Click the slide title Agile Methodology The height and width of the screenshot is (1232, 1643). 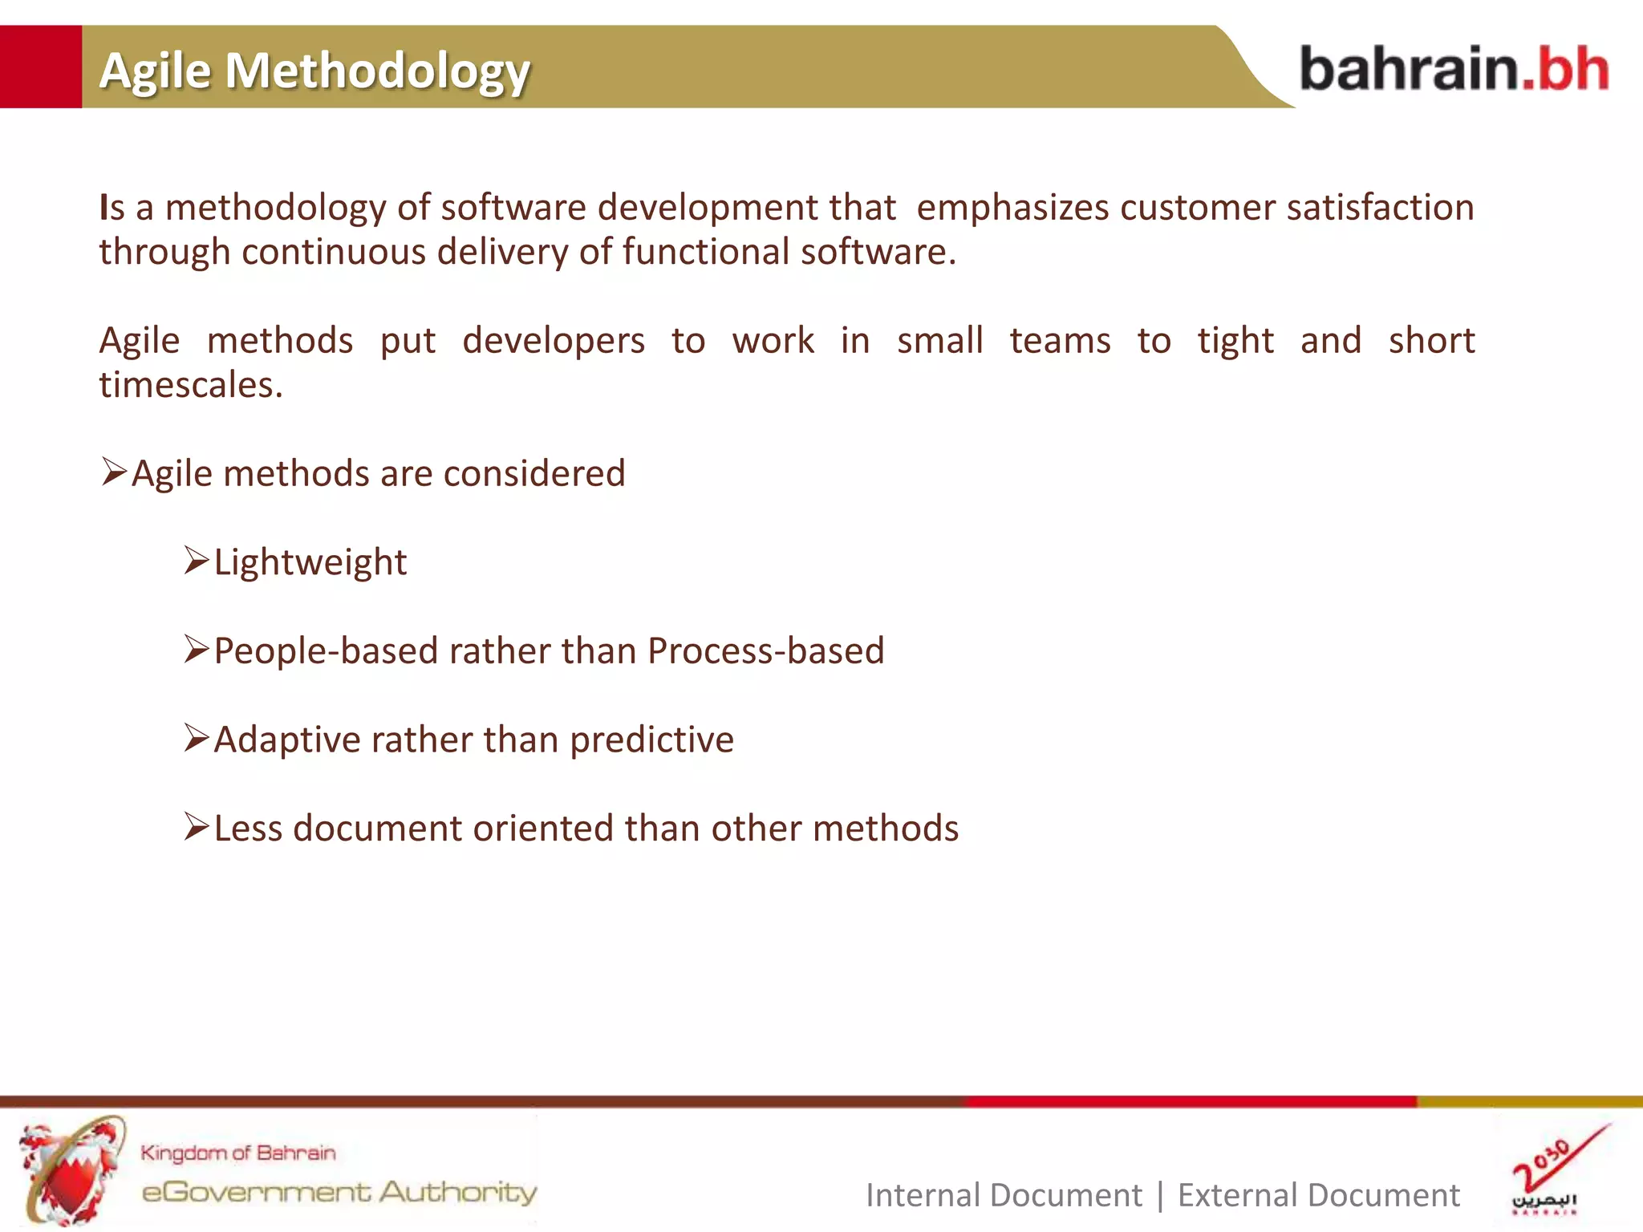314,71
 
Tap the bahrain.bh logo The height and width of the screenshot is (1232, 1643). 1453,69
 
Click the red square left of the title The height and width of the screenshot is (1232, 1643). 40,67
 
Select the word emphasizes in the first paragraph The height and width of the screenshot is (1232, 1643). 1012,208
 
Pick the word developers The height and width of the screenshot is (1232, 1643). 553,341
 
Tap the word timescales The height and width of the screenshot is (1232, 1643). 190,386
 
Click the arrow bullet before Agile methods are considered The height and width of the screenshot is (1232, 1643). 114,472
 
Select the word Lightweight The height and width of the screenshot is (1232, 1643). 310,562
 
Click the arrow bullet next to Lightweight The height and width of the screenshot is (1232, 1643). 196,560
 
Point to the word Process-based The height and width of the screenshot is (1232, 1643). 765,650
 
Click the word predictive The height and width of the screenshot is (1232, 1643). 651,740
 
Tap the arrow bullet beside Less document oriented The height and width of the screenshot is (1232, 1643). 196,826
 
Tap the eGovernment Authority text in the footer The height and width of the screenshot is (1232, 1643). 339,1192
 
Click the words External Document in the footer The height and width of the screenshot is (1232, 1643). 1318,1195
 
